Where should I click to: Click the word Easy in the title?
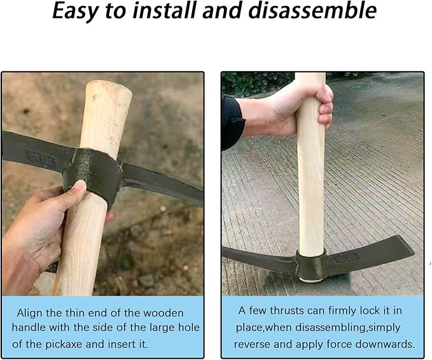[77, 11]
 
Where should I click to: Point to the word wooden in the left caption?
[162, 313]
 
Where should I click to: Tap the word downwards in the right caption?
[386, 344]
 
